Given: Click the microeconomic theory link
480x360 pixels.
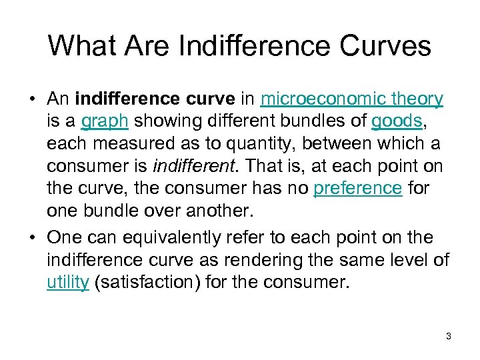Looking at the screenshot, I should coord(351,99).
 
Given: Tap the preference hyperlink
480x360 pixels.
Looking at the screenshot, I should coord(357,187).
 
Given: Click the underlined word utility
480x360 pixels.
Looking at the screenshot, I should coord(68,282).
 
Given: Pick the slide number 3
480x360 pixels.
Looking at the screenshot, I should coord(449,336).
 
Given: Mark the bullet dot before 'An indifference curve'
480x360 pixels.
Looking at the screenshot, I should coord(32,100).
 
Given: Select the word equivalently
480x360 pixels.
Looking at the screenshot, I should coord(177,237).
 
